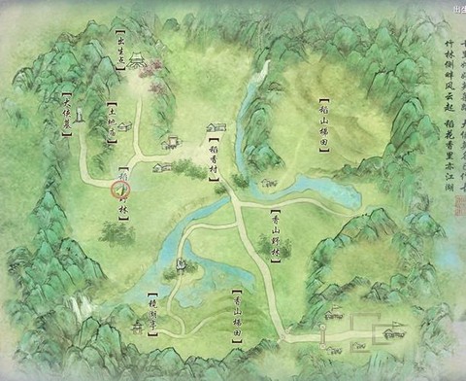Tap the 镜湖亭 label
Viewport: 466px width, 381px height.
click(x=151, y=311)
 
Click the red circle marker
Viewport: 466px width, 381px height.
click(x=121, y=190)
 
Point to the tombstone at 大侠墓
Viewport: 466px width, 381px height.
click(x=79, y=117)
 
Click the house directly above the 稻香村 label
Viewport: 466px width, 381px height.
click(x=216, y=127)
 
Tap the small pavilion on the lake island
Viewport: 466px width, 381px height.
click(x=180, y=265)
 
